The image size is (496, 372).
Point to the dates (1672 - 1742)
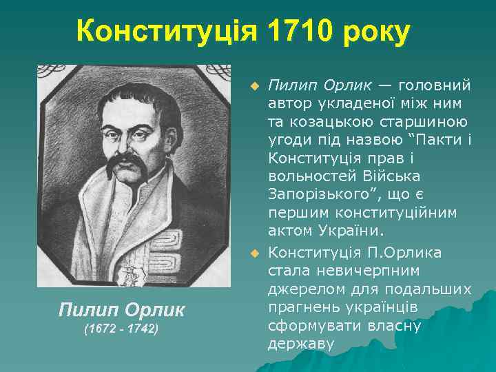[x=121, y=330]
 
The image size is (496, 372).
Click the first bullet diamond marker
[x=255, y=87]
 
